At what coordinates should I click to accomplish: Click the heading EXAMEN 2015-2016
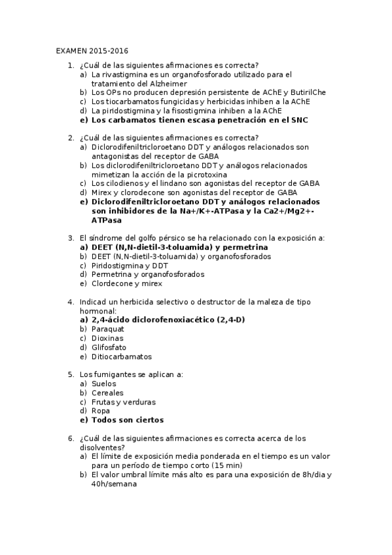coord(92,50)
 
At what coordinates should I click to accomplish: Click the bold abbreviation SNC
coord(298,120)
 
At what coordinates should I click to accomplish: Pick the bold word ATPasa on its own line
coord(107,221)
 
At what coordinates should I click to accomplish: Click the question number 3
coord(71,239)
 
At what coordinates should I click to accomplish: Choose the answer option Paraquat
coord(109,329)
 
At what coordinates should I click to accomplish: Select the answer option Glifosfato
coord(109,348)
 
